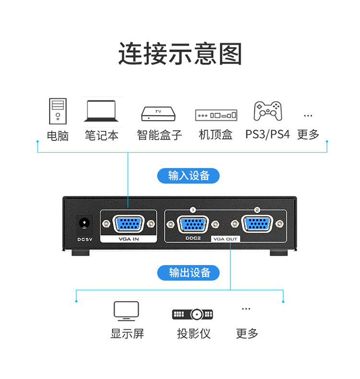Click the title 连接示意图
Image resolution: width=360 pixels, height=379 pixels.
180,54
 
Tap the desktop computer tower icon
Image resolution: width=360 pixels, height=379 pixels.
58,111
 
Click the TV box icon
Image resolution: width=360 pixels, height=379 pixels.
159,114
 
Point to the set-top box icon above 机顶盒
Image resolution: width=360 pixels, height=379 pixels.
216,115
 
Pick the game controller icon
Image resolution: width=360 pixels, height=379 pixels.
267,111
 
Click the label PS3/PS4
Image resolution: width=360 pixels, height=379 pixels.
267,134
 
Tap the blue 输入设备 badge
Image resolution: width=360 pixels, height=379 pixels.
189,176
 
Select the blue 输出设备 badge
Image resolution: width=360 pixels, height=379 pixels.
189,273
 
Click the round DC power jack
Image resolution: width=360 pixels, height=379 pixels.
84,224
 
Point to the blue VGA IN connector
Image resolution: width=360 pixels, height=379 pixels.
127,224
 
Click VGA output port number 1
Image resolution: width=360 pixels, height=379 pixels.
192,224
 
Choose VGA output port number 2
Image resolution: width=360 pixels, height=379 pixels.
257,224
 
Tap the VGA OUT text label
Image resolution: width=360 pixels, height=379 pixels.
225,238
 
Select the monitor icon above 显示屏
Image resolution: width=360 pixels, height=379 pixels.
126,311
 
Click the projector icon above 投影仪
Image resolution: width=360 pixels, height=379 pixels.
192,314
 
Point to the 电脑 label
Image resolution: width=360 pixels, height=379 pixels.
58,135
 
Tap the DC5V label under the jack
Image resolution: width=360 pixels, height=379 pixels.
84,238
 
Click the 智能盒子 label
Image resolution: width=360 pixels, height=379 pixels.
159,135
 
